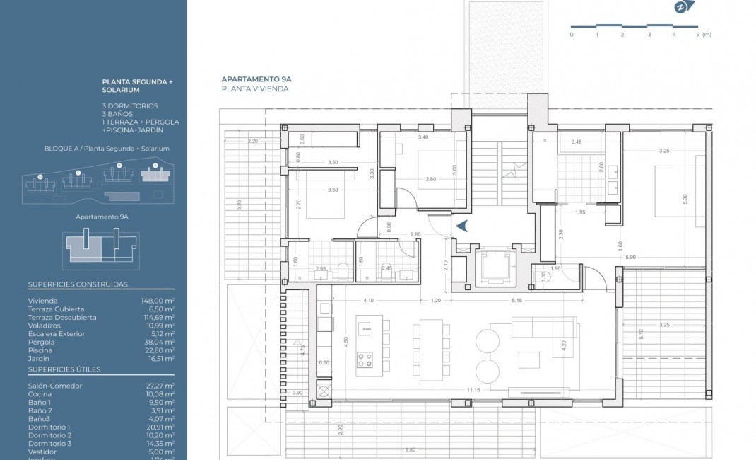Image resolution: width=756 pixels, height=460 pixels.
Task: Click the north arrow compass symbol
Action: coord(680,8)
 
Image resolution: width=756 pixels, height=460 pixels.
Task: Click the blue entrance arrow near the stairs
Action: coord(463,226)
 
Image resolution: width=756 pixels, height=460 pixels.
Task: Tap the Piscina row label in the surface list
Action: coord(40,350)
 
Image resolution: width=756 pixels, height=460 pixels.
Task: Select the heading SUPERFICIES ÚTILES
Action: coord(64,369)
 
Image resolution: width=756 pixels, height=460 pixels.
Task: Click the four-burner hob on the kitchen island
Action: coord(365,360)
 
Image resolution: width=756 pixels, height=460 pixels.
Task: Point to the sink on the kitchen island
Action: coord(365,327)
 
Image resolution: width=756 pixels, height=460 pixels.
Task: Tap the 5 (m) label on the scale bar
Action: coord(703,34)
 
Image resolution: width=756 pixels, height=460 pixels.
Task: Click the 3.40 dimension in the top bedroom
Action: coord(423,137)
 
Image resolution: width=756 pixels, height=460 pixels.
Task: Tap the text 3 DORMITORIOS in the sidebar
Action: coord(131,106)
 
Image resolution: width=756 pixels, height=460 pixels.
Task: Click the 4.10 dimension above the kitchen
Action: coord(368,301)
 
